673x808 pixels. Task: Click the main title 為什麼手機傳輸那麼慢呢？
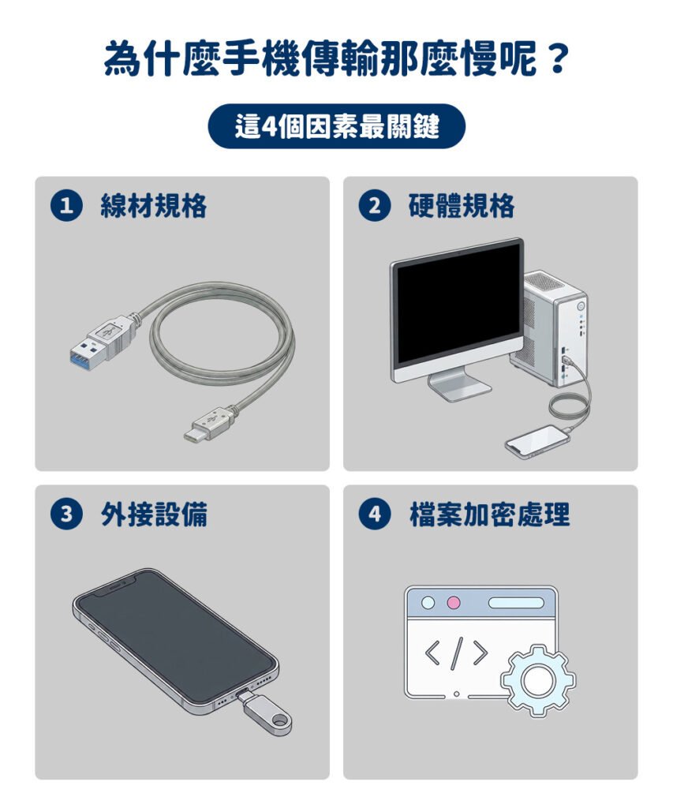click(337, 59)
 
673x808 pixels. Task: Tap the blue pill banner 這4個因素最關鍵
click(336, 126)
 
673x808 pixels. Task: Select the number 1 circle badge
click(66, 206)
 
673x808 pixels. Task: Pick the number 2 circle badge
click(375, 206)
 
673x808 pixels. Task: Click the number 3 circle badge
click(66, 514)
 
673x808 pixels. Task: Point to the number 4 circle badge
click(375, 514)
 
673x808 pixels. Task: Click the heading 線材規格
click(154, 206)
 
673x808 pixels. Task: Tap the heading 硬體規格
click(462, 206)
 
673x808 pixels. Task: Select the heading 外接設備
click(154, 514)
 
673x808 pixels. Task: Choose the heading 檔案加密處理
click(489, 514)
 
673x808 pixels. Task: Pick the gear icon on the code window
click(538, 680)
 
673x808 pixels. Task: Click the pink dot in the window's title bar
click(454, 602)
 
